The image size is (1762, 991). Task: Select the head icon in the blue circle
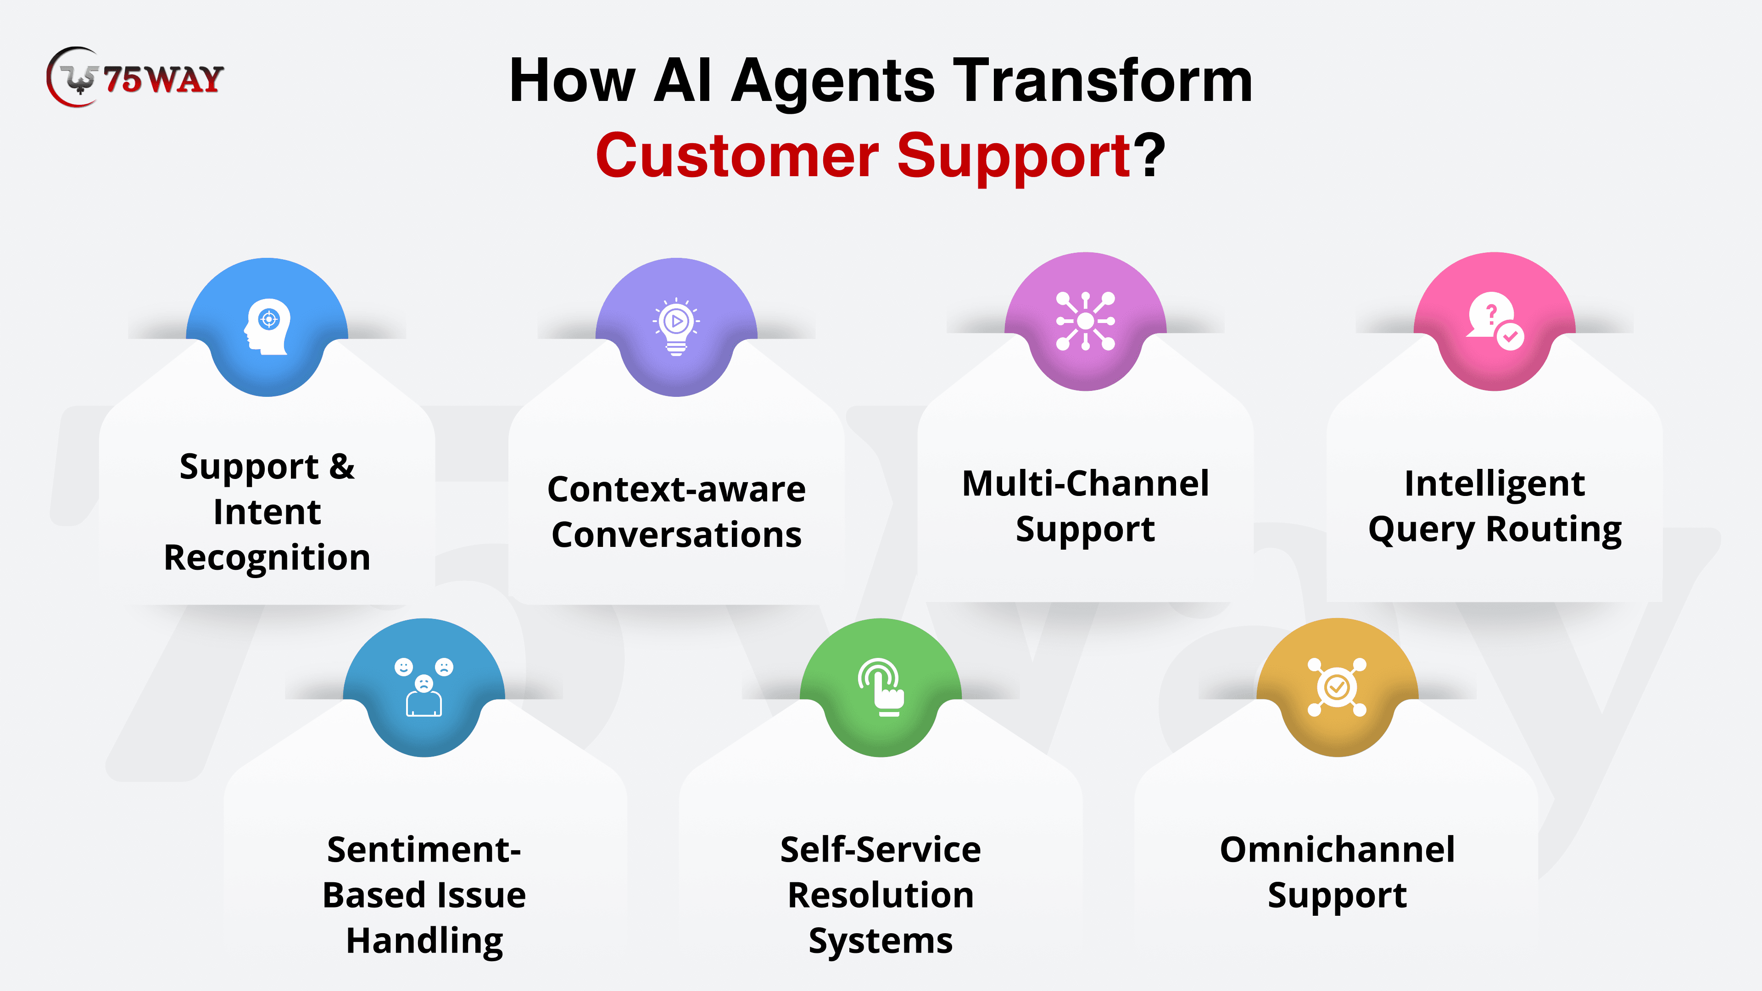coord(268,326)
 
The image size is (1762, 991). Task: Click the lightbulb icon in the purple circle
coord(676,326)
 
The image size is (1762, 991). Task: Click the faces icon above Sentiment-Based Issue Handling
coord(424,687)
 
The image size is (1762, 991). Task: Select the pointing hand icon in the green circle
coord(881,687)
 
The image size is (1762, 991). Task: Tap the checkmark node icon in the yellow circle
coord(1337,687)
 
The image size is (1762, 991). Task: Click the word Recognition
coord(267,557)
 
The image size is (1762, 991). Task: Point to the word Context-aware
coord(676,489)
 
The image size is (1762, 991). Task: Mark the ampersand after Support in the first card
coord(341,467)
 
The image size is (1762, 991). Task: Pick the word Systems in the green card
coord(881,941)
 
